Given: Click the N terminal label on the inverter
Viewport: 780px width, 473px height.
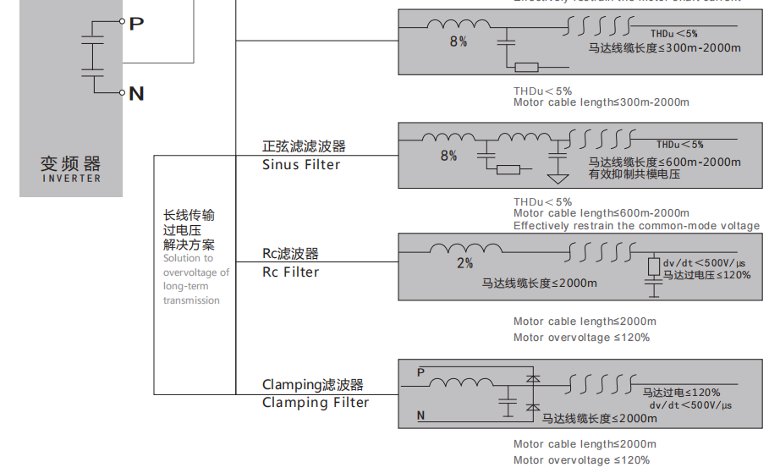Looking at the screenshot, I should [136, 93].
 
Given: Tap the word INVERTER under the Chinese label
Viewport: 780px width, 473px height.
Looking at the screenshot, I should [71, 179].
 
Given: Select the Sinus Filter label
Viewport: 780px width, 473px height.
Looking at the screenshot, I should [301, 165].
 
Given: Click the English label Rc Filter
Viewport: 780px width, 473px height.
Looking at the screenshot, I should [290, 272].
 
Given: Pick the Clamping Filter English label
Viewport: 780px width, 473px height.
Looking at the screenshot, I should [316, 403].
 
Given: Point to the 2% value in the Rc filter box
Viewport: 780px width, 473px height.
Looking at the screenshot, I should [465, 263].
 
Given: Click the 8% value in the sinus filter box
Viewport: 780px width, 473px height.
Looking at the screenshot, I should [448, 156].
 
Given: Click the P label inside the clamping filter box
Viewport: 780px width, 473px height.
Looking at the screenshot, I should [421, 371].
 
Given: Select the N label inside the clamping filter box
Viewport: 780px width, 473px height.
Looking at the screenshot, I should [421, 415].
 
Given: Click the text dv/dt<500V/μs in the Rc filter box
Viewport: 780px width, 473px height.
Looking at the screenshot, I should [704, 262].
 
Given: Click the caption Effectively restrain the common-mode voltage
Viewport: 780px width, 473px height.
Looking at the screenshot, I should [636, 226].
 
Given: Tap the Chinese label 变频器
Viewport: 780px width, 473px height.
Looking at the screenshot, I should [71, 162].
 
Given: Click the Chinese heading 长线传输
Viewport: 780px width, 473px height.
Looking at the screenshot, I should [189, 215].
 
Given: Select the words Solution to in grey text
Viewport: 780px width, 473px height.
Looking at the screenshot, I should [188, 258].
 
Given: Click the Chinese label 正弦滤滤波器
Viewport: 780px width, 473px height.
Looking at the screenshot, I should [304, 146].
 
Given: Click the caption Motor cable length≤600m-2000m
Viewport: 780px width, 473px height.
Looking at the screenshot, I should [601, 213].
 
